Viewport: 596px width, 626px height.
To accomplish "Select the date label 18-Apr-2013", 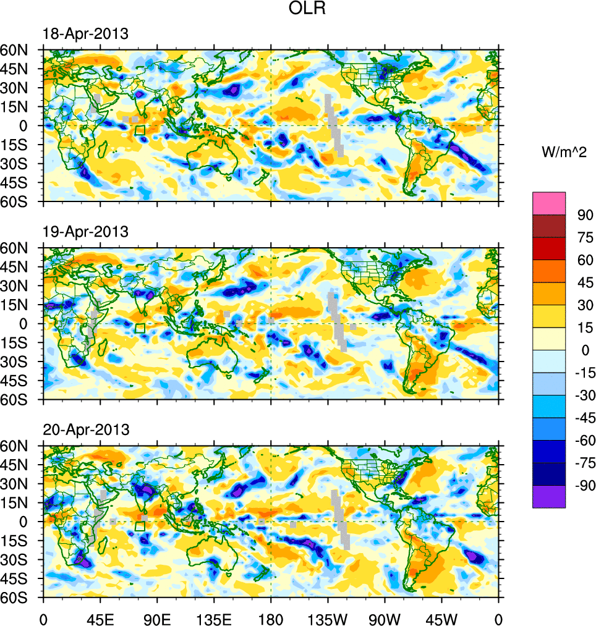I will [85, 34].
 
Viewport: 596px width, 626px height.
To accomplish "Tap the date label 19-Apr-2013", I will [85, 232].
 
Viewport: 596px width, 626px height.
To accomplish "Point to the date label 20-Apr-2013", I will [85, 429].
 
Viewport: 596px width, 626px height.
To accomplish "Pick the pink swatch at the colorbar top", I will [549, 203].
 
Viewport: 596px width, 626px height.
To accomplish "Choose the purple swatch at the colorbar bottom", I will [549, 496].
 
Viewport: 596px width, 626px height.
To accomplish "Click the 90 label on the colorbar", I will [577, 215].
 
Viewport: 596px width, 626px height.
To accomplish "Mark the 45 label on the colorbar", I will [577, 282].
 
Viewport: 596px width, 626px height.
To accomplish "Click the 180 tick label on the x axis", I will [271, 618].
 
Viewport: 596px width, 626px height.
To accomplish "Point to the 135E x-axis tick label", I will [214, 618].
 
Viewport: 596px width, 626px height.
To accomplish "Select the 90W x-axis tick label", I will [385, 618].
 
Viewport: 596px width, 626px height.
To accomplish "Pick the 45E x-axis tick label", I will [100, 618].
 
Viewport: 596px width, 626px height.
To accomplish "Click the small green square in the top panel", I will [140, 130].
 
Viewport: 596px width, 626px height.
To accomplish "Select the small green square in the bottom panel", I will [140, 526].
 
